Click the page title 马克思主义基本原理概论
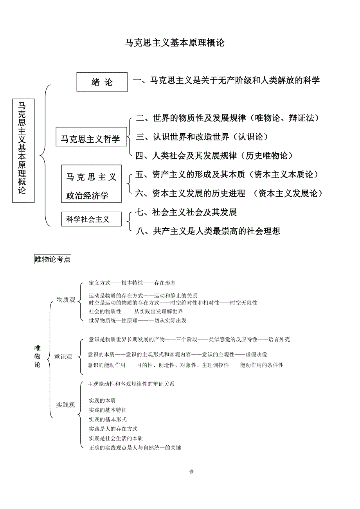pyautogui.click(x=174, y=43)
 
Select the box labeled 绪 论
pyautogui.click(x=102, y=82)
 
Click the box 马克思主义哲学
pyautogui.click(x=92, y=139)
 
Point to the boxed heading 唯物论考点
pyautogui.click(x=53, y=259)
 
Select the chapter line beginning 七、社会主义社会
pyautogui.click(x=186, y=212)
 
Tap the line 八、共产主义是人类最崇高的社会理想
pyautogui.click(x=208, y=231)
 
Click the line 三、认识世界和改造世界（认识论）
pyautogui.click(x=202, y=137)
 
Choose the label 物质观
pyautogui.click(x=66, y=300)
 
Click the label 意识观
pyautogui.click(x=63, y=357)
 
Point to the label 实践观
pyautogui.click(x=65, y=405)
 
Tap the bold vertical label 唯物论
pyautogui.click(x=38, y=356)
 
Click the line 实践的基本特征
pyautogui.click(x=108, y=410)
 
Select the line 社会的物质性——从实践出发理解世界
pyautogui.click(x=136, y=312)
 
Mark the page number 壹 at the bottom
pyautogui.click(x=191, y=472)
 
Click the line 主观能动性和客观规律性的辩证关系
pyautogui.click(x=131, y=384)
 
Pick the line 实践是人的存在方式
pyautogui.click(x=113, y=429)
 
